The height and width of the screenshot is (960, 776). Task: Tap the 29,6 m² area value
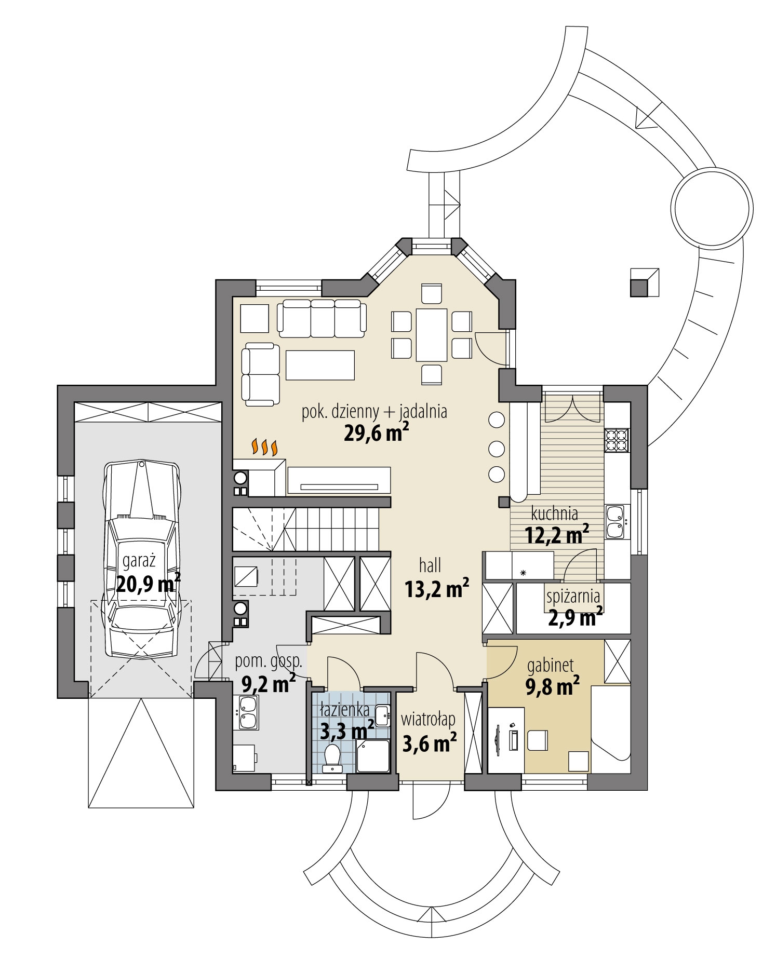tap(374, 432)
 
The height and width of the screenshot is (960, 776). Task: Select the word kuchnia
tap(554, 513)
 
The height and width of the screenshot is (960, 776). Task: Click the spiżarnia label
tap(573, 597)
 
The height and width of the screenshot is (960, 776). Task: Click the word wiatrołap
tap(429, 719)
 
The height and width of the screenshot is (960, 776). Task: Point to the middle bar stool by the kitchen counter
tap(497, 447)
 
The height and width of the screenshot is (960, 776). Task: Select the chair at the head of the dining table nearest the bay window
tap(432, 293)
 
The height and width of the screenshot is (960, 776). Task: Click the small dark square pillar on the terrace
tap(640, 286)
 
